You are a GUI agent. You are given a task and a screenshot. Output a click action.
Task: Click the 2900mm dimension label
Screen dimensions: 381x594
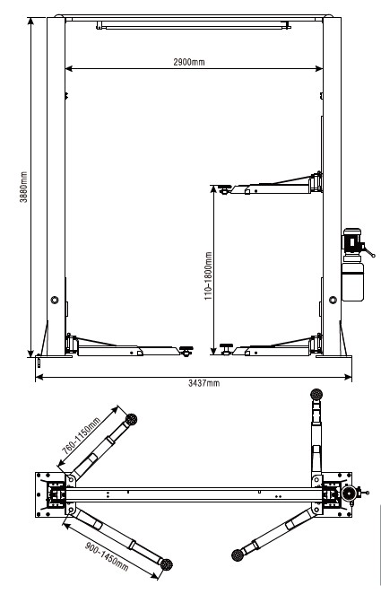[x=189, y=62]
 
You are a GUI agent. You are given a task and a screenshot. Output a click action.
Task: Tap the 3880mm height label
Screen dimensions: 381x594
[x=24, y=188]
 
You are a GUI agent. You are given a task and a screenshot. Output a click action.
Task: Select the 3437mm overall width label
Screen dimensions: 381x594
[x=203, y=383]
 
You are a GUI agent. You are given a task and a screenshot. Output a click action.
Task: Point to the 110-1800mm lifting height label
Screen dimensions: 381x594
[x=208, y=276]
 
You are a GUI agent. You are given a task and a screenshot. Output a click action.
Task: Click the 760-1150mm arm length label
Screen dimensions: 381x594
[x=82, y=436]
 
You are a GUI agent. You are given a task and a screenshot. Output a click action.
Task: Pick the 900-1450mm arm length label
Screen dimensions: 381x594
[x=107, y=556]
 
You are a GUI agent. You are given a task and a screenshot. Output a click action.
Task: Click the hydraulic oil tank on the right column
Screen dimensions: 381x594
[x=352, y=278]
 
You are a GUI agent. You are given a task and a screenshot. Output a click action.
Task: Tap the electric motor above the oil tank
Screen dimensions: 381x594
[x=352, y=241]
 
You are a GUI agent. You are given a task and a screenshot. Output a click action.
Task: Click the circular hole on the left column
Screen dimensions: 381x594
[x=55, y=300]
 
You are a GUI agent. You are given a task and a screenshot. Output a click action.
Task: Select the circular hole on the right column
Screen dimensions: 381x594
[x=333, y=300]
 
